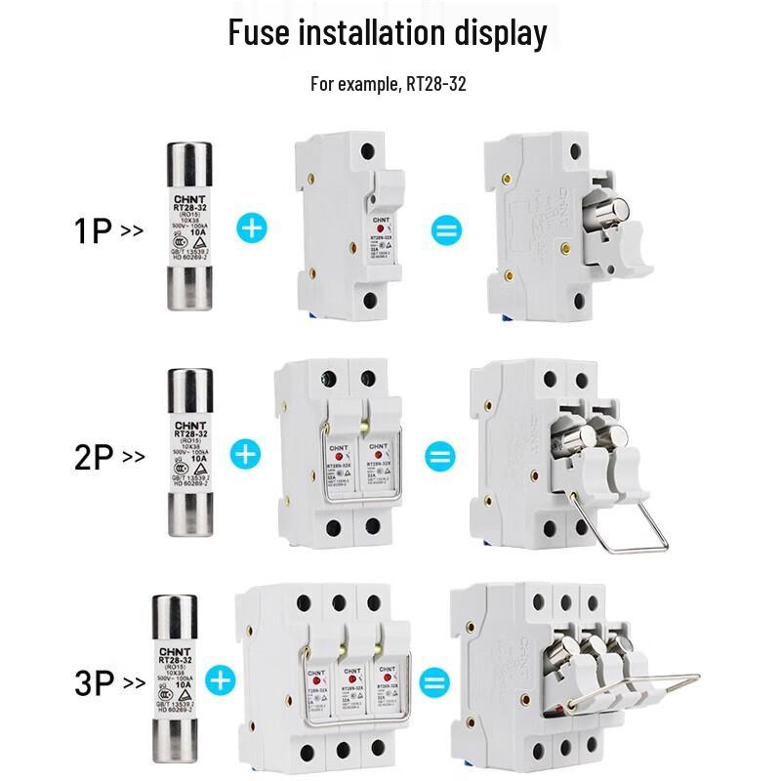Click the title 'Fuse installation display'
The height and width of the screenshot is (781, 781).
pyautogui.click(x=388, y=33)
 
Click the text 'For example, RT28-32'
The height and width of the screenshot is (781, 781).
pyautogui.click(x=388, y=84)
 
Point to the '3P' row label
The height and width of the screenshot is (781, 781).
pyautogui.click(x=96, y=681)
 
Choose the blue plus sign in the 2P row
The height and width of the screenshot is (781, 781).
pyautogui.click(x=245, y=454)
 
